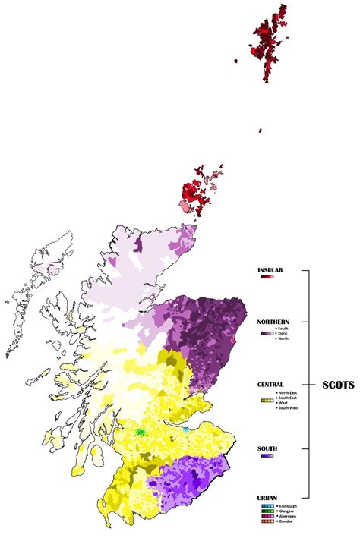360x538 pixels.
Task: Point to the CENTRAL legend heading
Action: click(x=270, y=385)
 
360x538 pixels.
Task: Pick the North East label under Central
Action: click(x=288, y=392)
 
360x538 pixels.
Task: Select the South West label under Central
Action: click(x=289, y=408)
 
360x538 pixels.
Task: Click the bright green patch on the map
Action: click(x=141, y=431)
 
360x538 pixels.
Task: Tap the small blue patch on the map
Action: click(x=186, y=429)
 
